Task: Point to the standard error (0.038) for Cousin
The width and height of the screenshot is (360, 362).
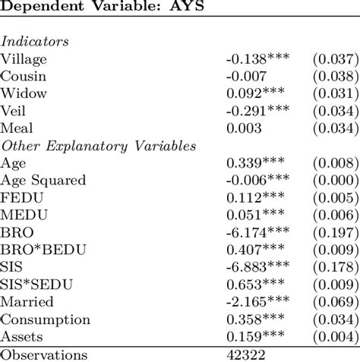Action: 334,76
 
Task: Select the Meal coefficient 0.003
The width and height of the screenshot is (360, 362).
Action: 242,128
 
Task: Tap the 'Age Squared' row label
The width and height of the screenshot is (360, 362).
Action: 43,181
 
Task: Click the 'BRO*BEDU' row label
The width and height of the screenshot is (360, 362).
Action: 36,250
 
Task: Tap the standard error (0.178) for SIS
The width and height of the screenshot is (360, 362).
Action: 334,267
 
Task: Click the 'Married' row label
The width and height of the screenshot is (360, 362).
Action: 25,302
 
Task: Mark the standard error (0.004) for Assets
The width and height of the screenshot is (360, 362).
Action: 334,337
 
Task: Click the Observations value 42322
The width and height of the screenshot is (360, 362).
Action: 245,354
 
